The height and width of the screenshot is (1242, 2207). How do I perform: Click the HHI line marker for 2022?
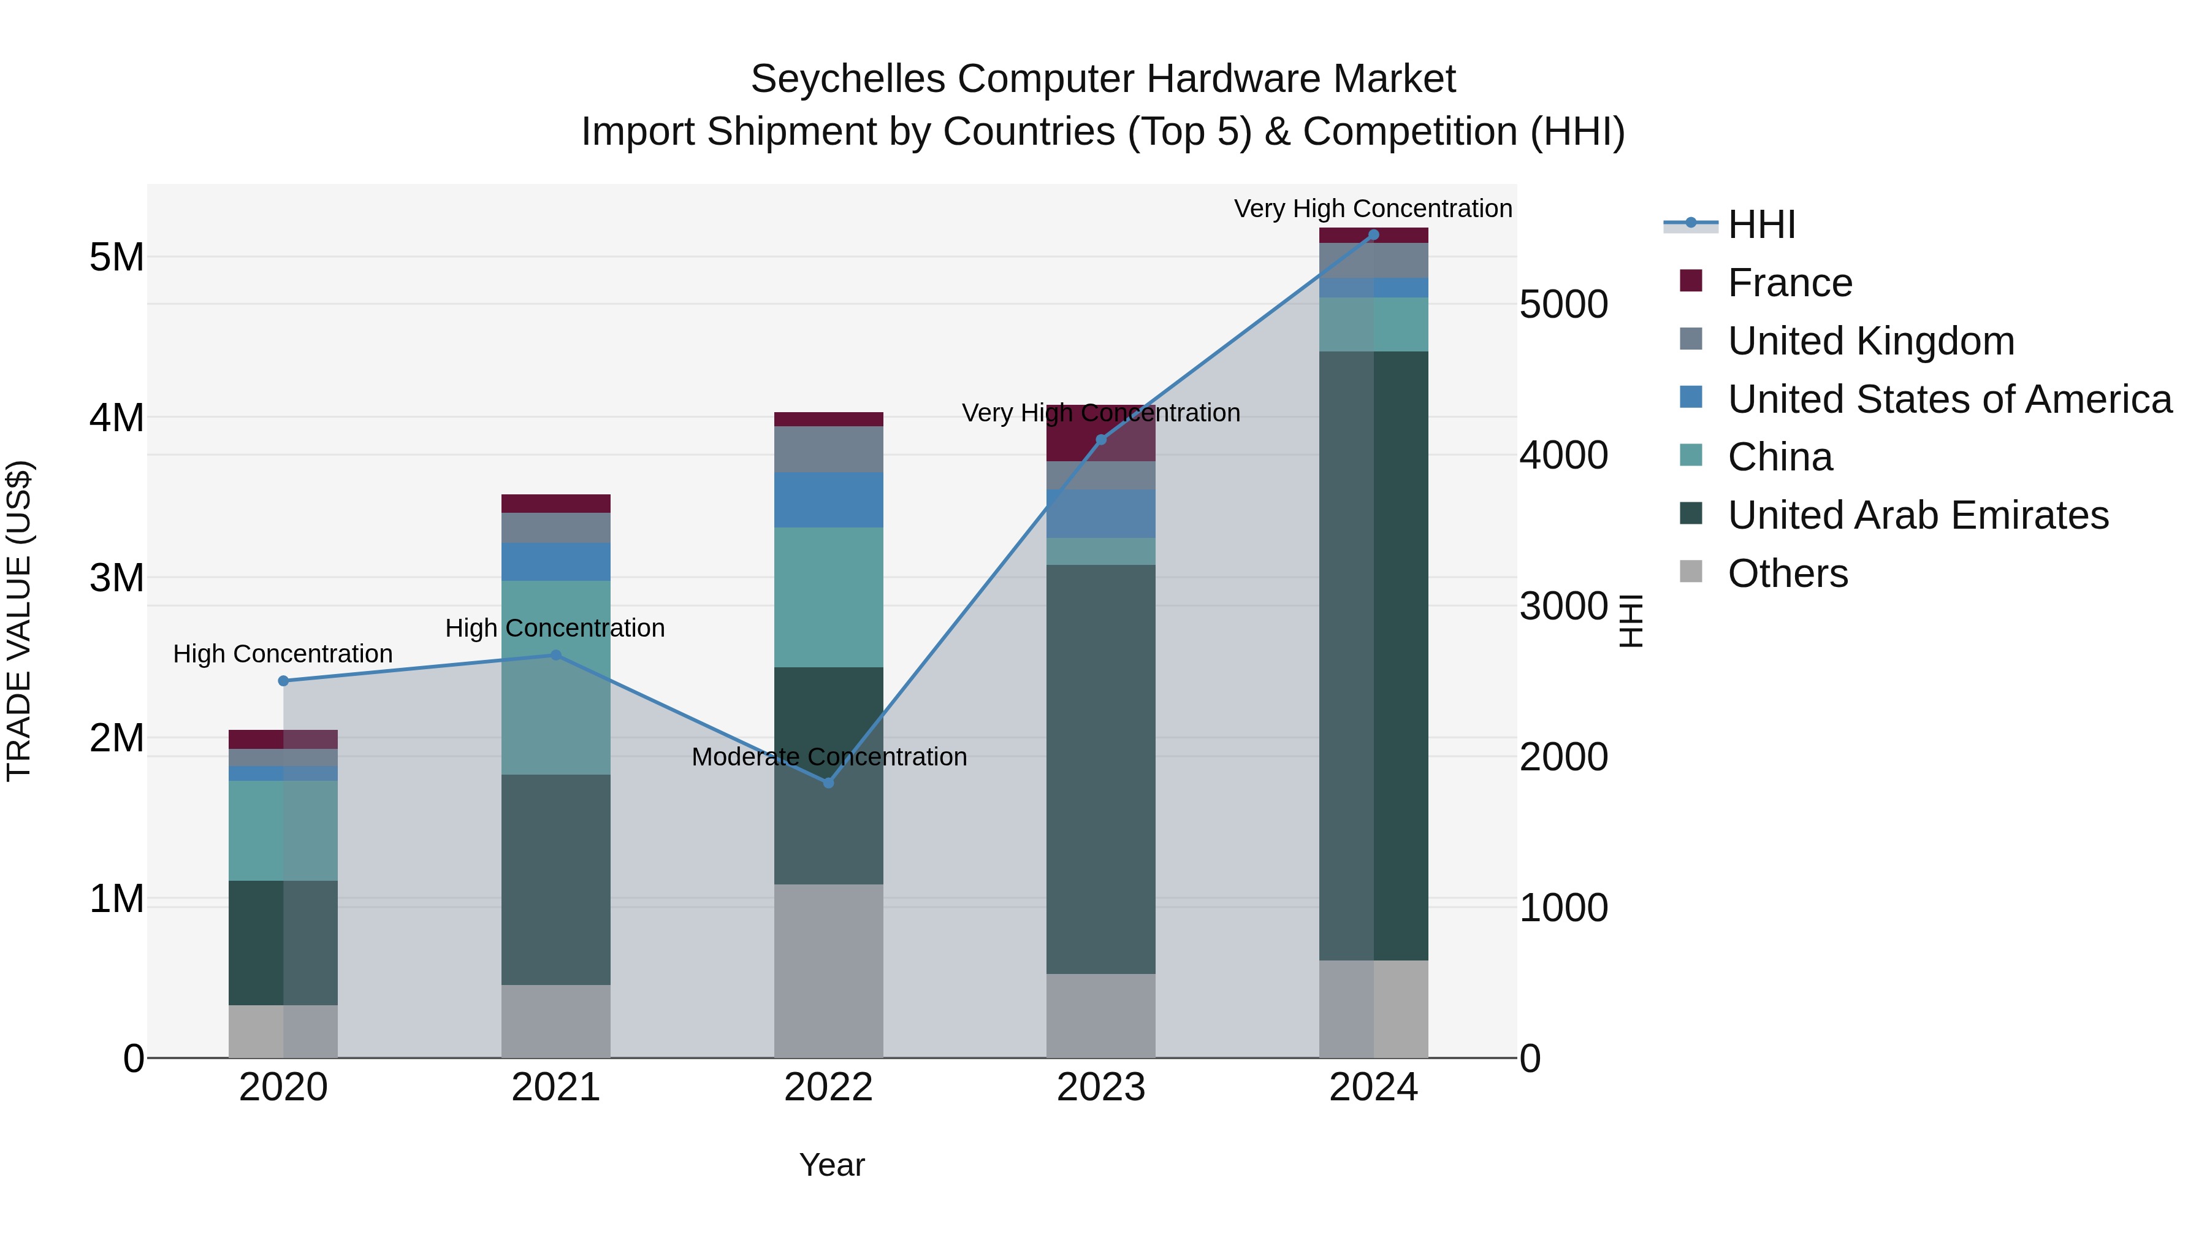(828, 783)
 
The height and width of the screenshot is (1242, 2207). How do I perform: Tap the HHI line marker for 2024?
(1373, 235)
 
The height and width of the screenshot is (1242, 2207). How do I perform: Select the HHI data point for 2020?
(284, 681)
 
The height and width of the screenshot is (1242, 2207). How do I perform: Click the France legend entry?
(1789, 283)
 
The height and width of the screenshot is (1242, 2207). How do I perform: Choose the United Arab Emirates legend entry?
(1918, 515)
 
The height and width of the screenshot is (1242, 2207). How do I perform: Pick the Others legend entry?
(1787, 573)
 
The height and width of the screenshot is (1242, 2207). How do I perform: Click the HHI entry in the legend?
(1761, 224)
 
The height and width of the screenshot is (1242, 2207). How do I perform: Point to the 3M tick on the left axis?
(116, 578)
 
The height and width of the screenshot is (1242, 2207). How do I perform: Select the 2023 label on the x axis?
(1101, 1087)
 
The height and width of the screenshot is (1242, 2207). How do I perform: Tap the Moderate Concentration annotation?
(828, 757)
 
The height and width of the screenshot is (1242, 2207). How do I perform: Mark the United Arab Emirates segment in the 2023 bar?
(1101, 769)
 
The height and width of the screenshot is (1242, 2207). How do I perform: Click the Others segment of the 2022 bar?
(828, 970)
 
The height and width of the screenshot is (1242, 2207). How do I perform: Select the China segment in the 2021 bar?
(555, 677)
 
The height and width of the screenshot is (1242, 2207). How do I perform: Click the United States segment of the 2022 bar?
(828, 500)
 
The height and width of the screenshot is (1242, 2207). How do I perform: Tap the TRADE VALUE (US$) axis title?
(19, 621)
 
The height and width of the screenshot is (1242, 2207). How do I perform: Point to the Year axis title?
(831, 1165)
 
